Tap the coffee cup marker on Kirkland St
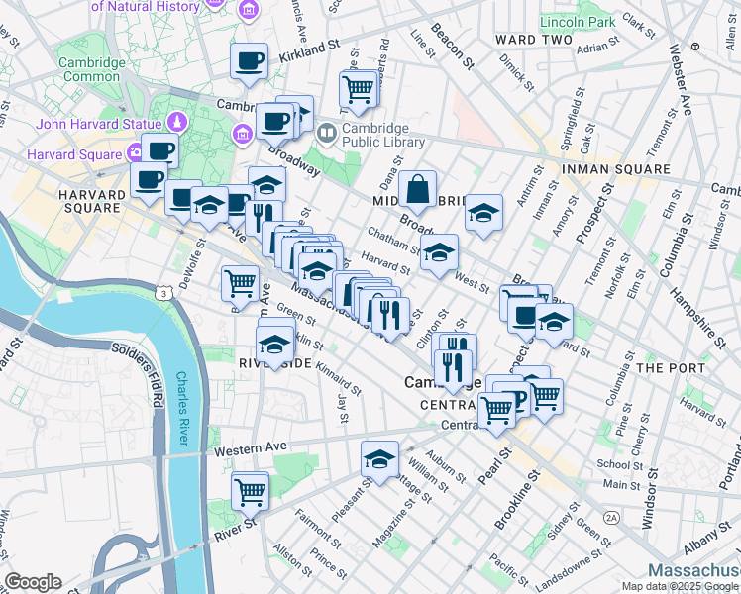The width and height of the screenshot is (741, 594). tap(249, 61)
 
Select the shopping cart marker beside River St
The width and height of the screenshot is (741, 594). tap(250, 490)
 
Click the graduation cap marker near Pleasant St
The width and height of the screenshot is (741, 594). tap(379, 458)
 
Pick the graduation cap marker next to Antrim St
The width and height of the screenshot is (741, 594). tap(482, 213)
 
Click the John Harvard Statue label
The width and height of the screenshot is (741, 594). tap(98, 124)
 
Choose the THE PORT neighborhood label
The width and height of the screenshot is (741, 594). tap(670, 367)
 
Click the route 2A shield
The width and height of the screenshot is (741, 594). tap(611, 517)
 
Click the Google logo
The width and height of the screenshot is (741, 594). tap(33, 582)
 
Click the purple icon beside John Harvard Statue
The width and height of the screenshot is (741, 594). tap(177, 123)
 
